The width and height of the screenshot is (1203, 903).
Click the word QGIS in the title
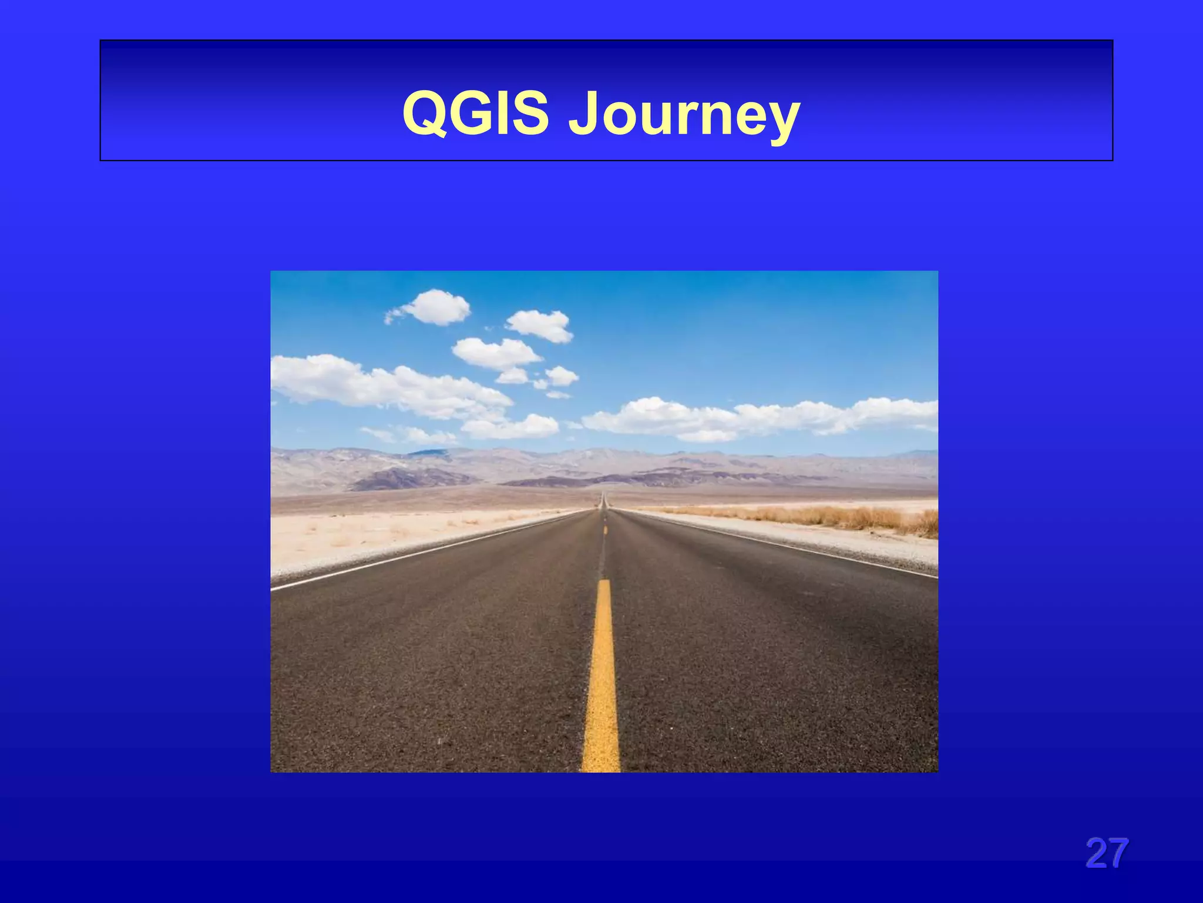(x=476, y=113)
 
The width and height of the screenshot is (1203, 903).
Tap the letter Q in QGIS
(x=425, y=113)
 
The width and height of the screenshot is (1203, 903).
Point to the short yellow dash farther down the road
(x=605, y=529)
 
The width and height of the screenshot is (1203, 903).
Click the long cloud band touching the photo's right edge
(x=764, y=416)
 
